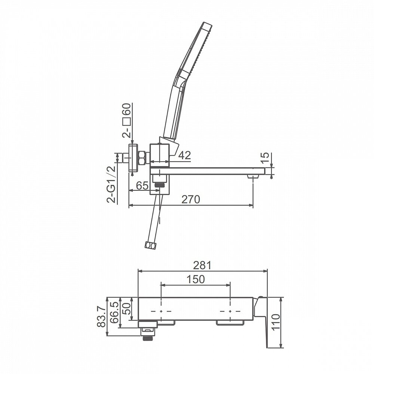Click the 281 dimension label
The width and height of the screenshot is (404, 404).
click(x=202, y=265)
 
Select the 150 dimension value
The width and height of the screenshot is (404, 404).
click(x=196, y=279)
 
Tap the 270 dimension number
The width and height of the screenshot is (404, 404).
click(x=191, y=199)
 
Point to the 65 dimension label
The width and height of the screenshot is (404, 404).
click(x=142, y=186)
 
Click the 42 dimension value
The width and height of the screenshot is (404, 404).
click(x=184, y=155)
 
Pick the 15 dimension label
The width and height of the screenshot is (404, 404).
click(x=264, y=158)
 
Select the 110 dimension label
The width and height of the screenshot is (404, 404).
click(x=275, y=322)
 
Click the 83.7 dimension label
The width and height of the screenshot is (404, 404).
click(x=101, y=316)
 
